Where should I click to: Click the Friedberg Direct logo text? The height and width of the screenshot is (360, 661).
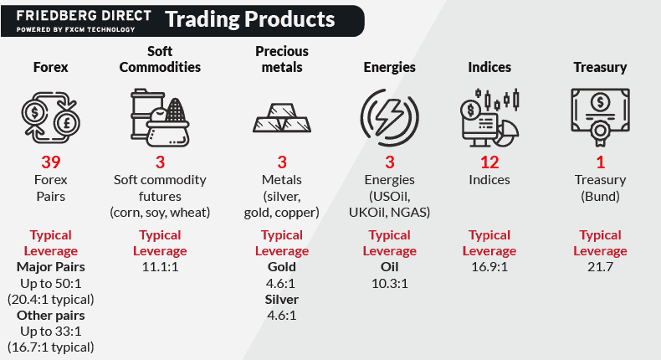coord(84,21)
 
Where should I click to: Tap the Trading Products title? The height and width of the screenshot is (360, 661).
coord(250,19)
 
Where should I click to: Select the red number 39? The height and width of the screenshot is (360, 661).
coord(50,162)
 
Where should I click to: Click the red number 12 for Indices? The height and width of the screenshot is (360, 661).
coord(489,162)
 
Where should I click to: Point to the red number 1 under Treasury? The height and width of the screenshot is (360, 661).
coord(600,162)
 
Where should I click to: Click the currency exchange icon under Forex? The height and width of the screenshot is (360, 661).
coord(50,118)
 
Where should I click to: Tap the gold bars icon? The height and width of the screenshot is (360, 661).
coord(282,118)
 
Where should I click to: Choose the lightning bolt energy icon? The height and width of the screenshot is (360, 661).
coord(390,118)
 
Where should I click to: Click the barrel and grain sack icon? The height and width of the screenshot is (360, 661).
coord(160,118)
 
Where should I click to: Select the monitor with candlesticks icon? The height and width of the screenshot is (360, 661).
coord(489,118)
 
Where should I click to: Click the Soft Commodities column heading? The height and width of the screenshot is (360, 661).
coord(160,59)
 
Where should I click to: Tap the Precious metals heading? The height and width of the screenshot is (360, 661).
coord(282,59)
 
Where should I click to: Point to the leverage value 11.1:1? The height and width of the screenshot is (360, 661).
coord(160,267)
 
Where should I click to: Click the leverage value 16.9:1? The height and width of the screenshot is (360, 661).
coord(489,267)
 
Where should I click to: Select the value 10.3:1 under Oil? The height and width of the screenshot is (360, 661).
coord(390,283)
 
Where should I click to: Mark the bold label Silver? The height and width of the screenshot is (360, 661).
coord(282,299)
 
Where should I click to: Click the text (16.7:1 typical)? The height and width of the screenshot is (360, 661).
coord(50,347)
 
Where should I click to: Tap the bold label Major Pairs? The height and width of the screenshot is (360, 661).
coord(50,267)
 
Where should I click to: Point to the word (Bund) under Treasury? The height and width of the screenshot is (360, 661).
coord(600,197)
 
